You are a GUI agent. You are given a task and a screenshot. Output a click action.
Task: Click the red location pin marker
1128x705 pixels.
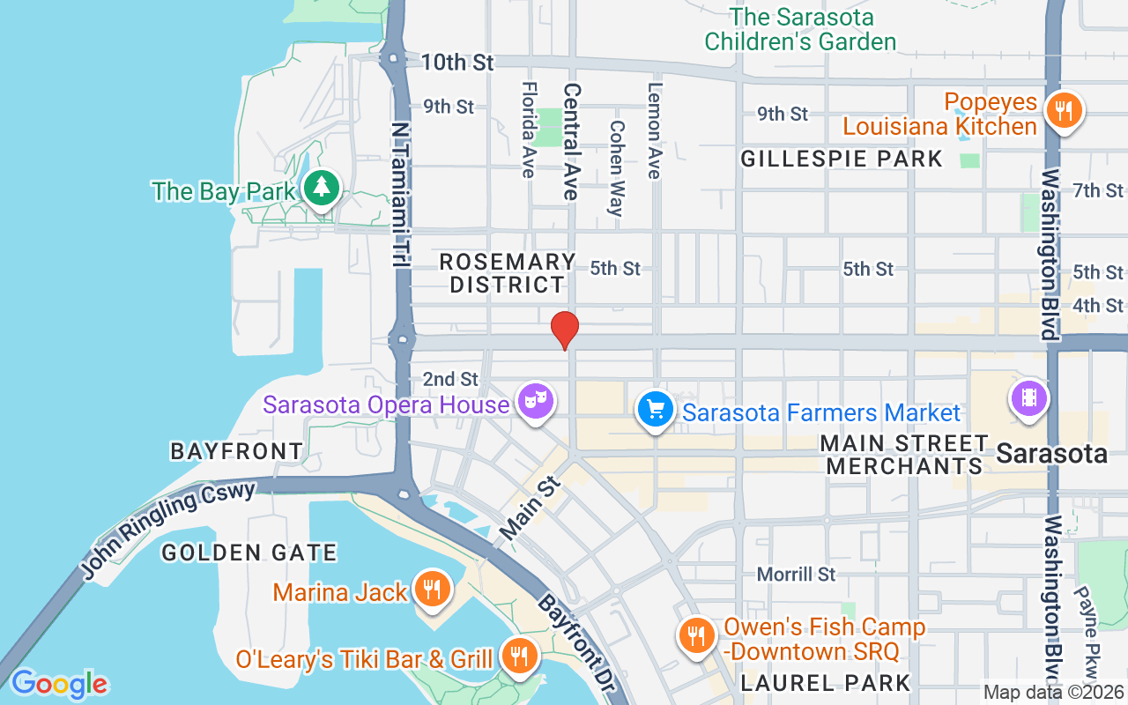564,330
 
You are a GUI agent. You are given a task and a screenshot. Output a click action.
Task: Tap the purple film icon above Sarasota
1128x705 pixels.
1028,397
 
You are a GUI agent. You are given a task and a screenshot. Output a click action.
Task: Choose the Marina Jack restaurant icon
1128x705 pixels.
431,589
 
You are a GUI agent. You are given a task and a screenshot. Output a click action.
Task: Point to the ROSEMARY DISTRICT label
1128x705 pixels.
507,273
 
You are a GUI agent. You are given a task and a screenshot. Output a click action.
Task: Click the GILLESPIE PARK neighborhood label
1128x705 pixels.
842,159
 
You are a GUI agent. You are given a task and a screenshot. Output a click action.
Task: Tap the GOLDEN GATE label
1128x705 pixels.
249,553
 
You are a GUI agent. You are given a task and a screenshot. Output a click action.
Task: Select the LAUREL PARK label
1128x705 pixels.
825,682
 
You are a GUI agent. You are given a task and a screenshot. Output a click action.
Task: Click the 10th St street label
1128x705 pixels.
457,63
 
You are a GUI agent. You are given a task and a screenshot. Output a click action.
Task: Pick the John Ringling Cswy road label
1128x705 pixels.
167,531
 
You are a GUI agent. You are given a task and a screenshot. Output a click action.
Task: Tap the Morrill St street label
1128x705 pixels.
797,575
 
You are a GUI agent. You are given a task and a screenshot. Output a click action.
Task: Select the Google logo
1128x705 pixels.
59,683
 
